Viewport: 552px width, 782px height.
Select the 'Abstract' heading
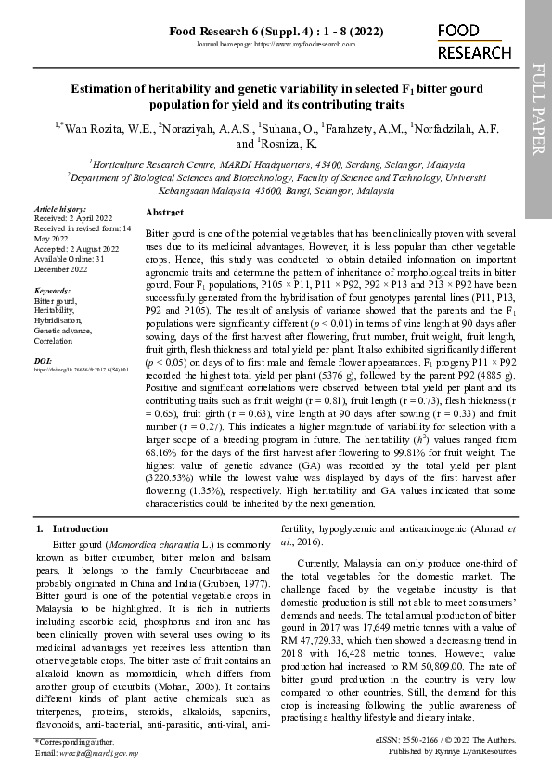point(164,213)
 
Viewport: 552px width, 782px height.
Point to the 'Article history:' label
point(59,210)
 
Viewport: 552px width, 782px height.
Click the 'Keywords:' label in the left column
point(53,291)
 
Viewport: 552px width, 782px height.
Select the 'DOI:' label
point(44,358)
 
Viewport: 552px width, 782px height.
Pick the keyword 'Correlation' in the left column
point(55,340)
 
